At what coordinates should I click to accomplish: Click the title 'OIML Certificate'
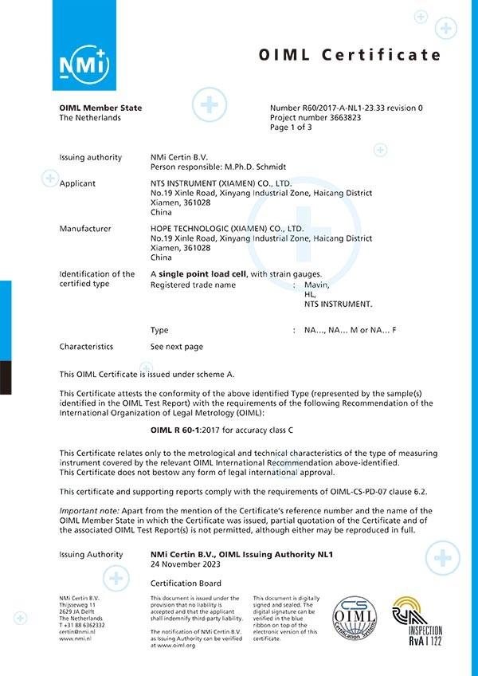click(x=350, y=55)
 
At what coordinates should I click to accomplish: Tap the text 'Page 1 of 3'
click(x=291, y=127)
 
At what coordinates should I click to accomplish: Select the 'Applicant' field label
click(x=77, y=183)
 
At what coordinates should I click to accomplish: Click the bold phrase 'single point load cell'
click(x=202, y=274)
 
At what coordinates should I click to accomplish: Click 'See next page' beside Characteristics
click(x=176, y=347)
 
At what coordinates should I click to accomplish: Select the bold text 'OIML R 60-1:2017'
click(x=190, y=430)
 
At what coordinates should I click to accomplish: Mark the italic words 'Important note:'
click(x=87, y=511)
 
